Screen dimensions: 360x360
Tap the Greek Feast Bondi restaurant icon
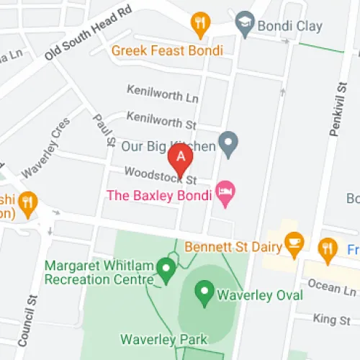click(199, 26)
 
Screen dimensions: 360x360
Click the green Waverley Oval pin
click(205, 292)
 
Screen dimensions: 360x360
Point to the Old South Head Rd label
click(89, 35)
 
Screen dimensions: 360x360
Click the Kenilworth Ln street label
click(162, 93)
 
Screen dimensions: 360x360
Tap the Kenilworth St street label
click(161, 118)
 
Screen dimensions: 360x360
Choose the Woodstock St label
click(160, 176)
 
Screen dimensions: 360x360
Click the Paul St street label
click(106, 130)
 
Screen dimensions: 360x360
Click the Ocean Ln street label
click(332, 288)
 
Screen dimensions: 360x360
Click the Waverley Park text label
click(163, 339)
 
